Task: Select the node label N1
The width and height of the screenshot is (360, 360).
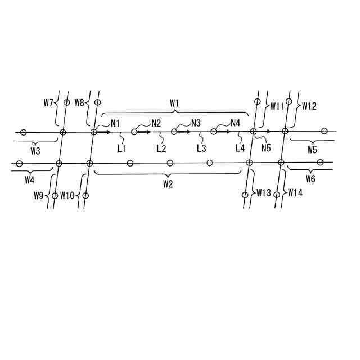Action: click(115, 123)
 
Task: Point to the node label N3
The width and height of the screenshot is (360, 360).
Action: click(196, 123)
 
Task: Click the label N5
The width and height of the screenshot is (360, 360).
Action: click(267, 148)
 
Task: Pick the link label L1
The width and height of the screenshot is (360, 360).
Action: click(121, 148)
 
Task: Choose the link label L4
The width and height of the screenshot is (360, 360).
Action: click(240, 148)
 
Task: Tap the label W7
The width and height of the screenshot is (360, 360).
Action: click(48, 103)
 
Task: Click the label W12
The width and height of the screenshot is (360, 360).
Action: click(309, 105)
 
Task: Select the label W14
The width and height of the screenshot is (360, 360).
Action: click(296, 193)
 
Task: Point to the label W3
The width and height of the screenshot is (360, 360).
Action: click(35, 151)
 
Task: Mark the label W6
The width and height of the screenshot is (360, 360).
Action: click(310, 179)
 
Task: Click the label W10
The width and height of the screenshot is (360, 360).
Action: click(67, 195)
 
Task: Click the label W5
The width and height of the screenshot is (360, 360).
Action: click(312, 150)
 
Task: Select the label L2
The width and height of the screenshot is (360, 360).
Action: click(161, 148)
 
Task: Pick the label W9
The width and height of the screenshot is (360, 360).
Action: click(38, 195)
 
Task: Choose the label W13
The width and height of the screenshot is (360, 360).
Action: click(264, 193)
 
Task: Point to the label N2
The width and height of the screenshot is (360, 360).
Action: click(156, 123)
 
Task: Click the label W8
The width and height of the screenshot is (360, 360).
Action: click(79, 103)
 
